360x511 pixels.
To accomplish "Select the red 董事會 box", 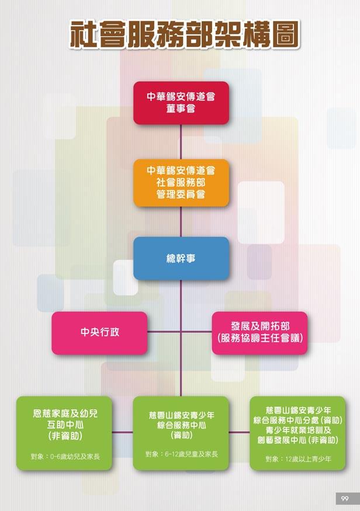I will pos(181,103).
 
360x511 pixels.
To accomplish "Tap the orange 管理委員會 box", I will pos(181,182).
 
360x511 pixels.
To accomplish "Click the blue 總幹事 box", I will pos(181,258).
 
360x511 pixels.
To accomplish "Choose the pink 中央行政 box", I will pos(99,333).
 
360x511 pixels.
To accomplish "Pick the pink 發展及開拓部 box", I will pos(259,333).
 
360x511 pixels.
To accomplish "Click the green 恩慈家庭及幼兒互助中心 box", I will pos(65,433).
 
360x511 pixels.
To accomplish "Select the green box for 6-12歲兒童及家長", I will pos(181,433).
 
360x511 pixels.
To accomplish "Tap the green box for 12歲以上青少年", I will pos(297,433).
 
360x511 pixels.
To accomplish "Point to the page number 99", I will pos(345,498).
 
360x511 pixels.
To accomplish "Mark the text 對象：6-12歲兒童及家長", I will pos(181,454).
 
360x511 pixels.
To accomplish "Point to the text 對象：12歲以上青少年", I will pos(298,459).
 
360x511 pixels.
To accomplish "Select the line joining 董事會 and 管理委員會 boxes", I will pos(181,141).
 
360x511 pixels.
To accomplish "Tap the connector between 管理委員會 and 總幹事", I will pos(181,221).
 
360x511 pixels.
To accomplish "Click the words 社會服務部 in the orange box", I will pos(181,182).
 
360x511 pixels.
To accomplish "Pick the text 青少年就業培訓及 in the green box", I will pos(298,430).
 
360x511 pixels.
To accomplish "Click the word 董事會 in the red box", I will pos(181,109).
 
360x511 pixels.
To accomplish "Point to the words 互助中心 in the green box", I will pos(65,425).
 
